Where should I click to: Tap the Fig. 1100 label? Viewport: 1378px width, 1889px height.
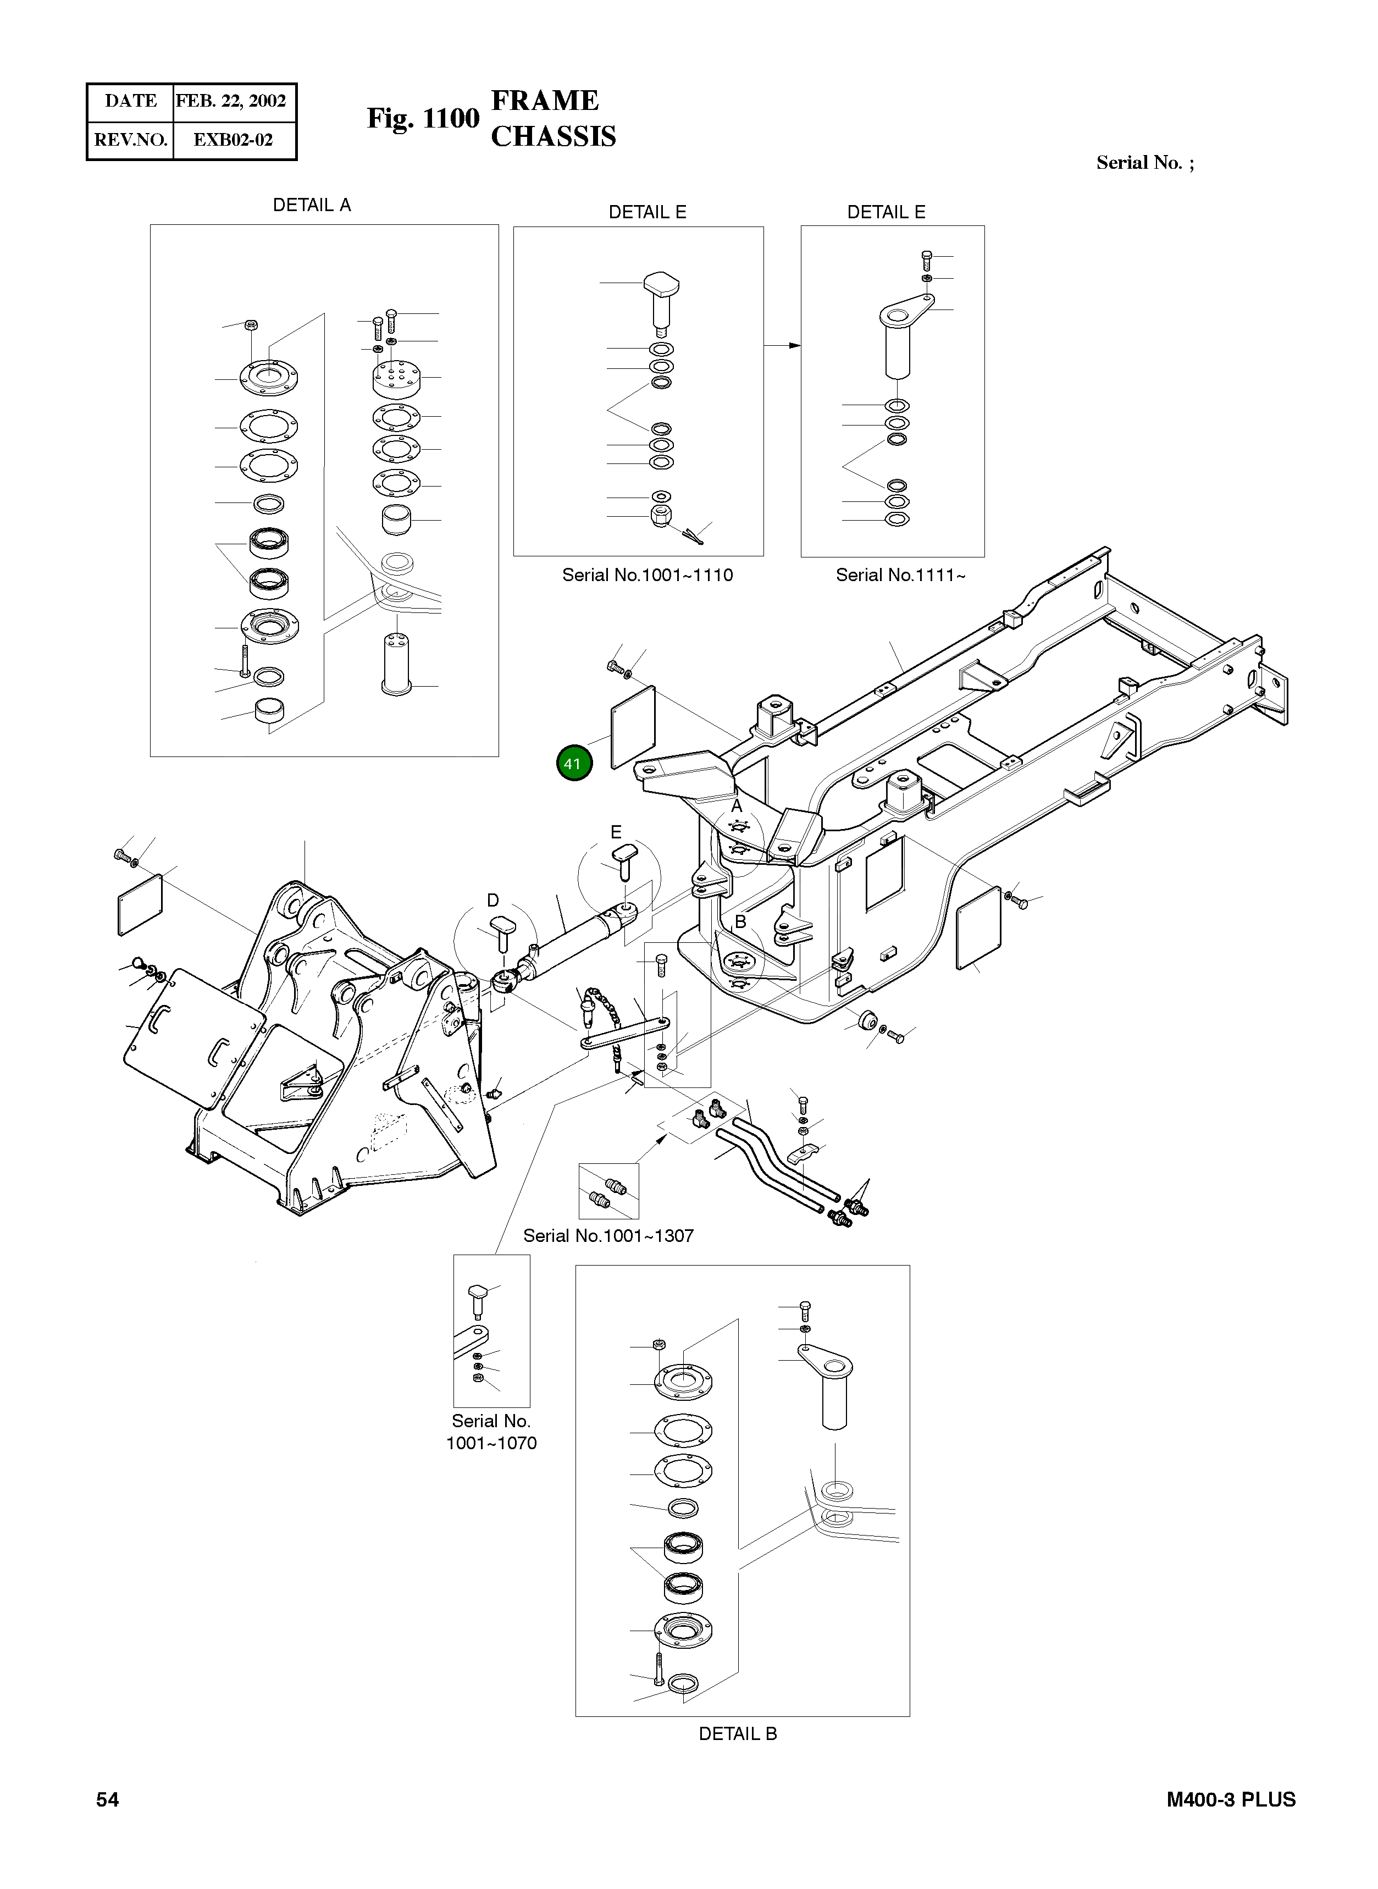tap(423, 119)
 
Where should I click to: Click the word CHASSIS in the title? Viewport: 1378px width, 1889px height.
tap(553, 137)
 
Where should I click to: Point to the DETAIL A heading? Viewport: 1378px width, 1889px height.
tap(312, 205)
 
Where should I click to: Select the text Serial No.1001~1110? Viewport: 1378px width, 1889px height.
tap(648, 575)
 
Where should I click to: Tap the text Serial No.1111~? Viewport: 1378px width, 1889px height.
tap(900, 575)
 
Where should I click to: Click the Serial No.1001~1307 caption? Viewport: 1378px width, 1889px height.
tap(608, 1236)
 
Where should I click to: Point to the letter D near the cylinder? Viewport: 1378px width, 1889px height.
tap(493, 901)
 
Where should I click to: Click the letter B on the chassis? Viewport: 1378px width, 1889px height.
tap(740, 922)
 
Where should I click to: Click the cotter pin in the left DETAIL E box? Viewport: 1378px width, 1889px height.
tap(693, 534)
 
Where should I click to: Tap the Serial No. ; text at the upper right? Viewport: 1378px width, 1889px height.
tap(1144, 163)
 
